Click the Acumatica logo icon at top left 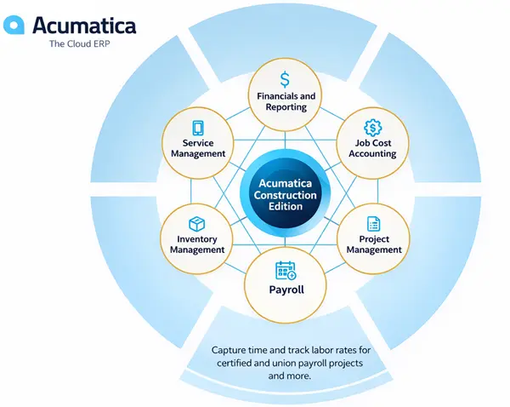click(14, 26)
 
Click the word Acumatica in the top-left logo click(83, 25)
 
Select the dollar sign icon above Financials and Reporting click(285, 78)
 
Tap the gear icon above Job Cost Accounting click(371, 127)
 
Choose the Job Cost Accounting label click(373, 149)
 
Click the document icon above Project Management click(373, 224)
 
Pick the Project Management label click(374, 245)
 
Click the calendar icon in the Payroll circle click(285, 271)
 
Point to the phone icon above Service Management click(197, 128)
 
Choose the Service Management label click(197, 149)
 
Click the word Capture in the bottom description click(229, 350)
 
